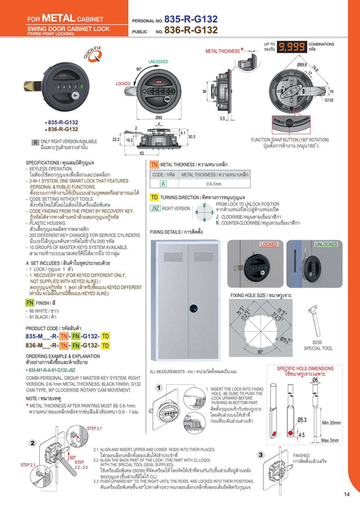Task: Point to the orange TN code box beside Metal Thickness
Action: (x=154, y=164)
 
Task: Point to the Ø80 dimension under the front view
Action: (x=159, y=117)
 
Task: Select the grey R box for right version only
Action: (x=35, y=142)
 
